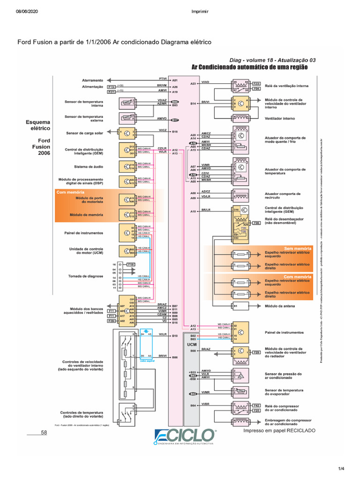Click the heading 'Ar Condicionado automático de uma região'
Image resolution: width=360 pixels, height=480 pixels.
tap(250, 67)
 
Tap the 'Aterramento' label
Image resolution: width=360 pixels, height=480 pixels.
tap(92, 80)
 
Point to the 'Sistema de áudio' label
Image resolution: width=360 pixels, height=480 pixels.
tap(89, 166)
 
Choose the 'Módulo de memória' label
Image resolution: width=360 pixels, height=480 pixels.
tap(86, 215)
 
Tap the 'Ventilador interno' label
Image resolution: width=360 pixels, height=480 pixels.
tap(280, 119)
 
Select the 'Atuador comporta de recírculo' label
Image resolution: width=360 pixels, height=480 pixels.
tap(283, 195)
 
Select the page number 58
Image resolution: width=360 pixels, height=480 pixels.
tap(44, 432)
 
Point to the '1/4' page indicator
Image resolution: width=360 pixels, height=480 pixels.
tap(341, 468)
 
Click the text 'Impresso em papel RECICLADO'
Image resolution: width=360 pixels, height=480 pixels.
tap(279, 430)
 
